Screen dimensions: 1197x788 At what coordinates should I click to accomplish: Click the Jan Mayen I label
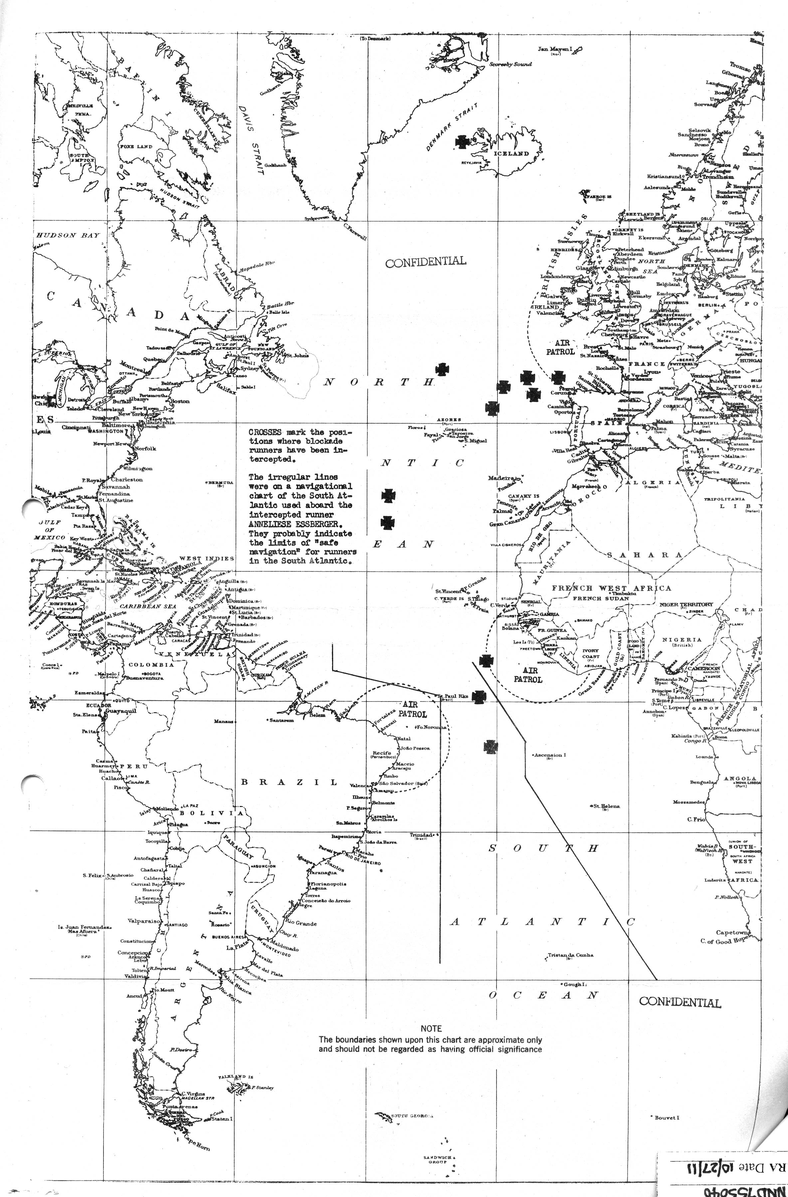tap(556, 49)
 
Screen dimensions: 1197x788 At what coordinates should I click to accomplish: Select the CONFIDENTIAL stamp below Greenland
tap(425, 261)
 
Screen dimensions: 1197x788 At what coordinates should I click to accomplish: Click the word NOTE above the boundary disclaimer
tap(431, 1029)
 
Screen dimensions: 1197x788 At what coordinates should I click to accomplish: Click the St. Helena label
tap(606, 806)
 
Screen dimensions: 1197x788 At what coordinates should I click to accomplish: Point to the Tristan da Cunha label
tap(570, 955)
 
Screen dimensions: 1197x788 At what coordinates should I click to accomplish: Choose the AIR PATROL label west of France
tap(560, 347)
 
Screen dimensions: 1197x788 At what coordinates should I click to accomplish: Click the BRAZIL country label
tap(289, 782)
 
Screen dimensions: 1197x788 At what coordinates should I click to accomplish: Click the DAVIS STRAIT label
tap(253, 140)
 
